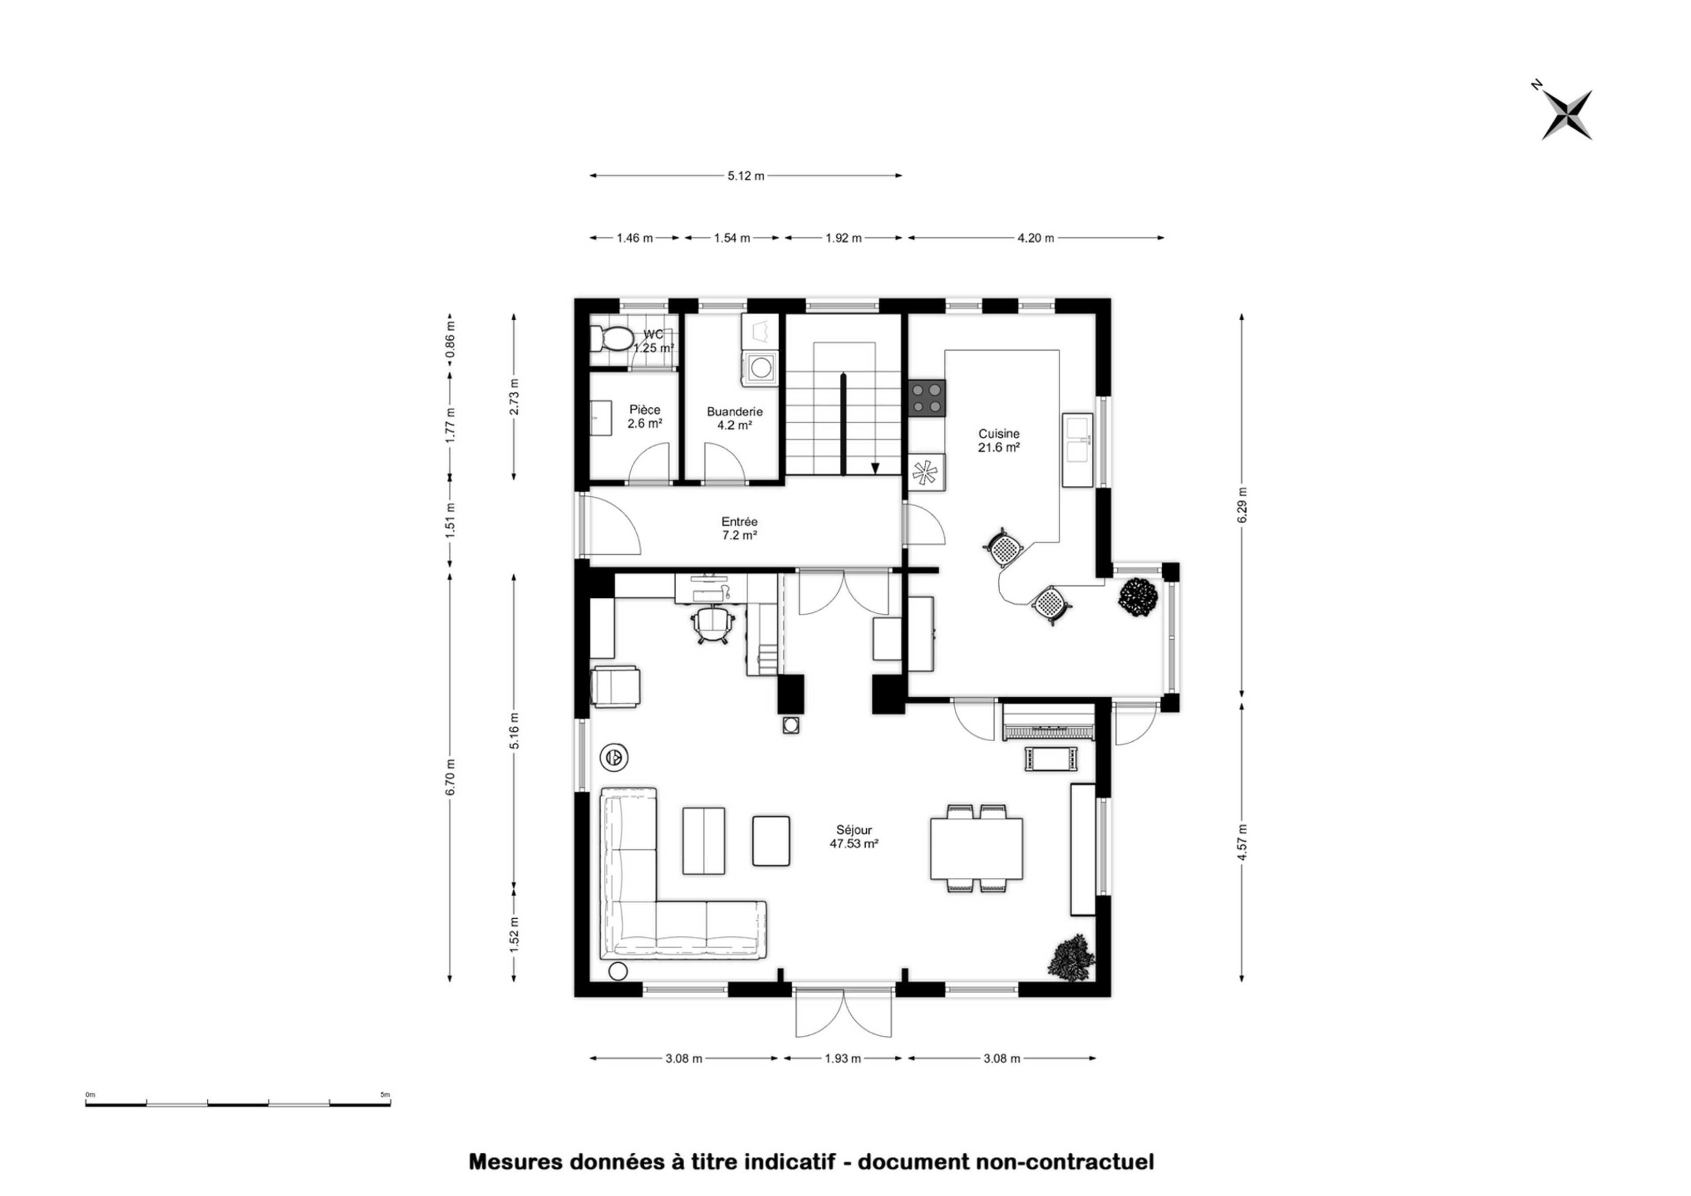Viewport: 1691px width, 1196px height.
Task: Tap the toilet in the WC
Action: (x=612, y=339)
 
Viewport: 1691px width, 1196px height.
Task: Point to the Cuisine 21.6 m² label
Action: (x=998, y=440)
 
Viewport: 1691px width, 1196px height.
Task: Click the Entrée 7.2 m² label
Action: (x=740, y=529)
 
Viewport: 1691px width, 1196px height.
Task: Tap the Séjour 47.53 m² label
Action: (x=854, y=837)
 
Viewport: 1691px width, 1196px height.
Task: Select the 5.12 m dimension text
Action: (x=746, y=175)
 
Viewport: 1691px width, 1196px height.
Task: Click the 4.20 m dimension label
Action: (x=1035, y=238)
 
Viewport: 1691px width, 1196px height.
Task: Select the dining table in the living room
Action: (x=976, y=848)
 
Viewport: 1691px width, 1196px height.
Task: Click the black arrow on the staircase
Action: (x=875, y=467)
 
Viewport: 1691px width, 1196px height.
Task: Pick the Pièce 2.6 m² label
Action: (x=645, y=417)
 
